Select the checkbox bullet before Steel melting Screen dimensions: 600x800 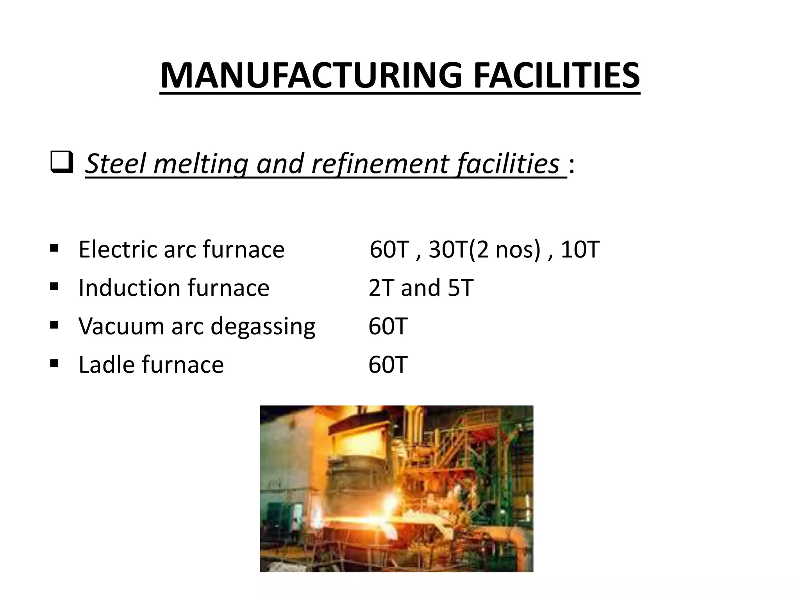(x=62, y=163)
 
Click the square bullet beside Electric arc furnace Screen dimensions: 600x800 (x=54, y=248)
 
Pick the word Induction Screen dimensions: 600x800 (x=129, y=288)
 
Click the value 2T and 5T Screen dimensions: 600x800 (x=421, y=288)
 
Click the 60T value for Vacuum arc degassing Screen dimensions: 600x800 (x=388, y=326)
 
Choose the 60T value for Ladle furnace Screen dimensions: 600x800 (x=388, y=364)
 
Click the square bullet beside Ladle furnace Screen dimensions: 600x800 (x=54, y=364)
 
